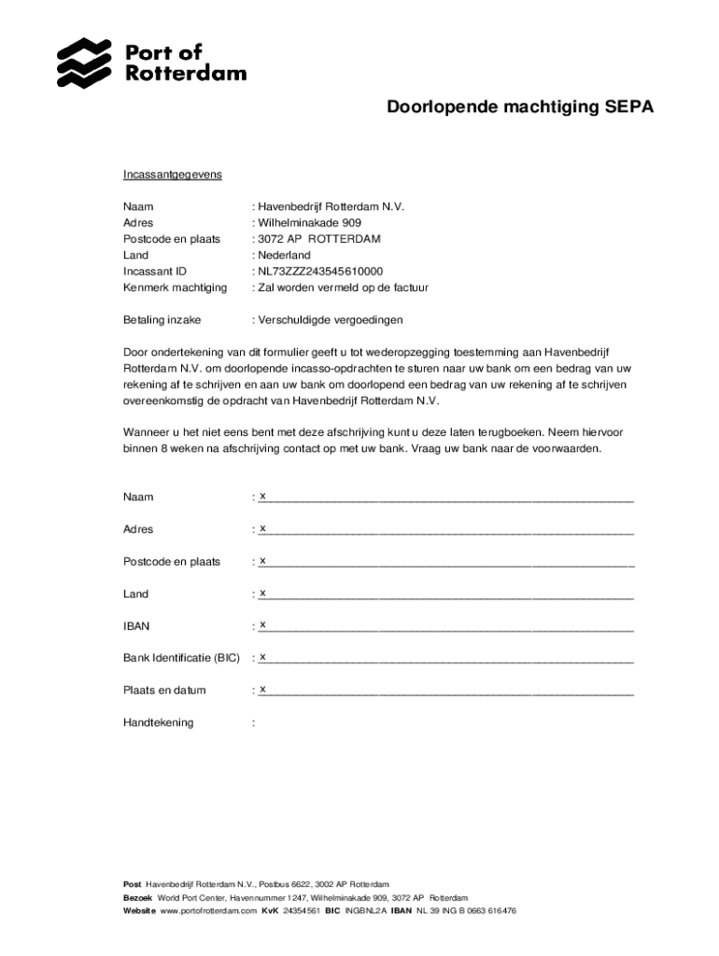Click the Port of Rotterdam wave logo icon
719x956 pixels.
84,63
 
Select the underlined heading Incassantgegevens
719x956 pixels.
172,175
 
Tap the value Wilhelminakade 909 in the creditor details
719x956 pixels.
309,223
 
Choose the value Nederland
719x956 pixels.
284,255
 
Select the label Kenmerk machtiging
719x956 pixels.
175,288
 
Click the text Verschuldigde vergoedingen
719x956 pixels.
331,320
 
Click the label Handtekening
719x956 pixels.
159,723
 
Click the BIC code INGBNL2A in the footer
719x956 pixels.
365,910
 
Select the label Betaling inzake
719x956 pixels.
162,320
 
